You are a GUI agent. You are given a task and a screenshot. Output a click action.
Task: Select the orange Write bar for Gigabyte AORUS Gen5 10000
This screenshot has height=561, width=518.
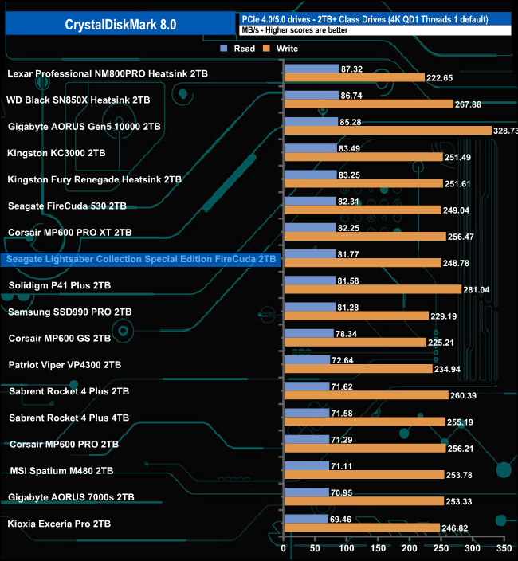pos(387,131)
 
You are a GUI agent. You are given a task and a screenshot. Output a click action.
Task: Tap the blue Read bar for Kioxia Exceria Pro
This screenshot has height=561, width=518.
pos(306,519)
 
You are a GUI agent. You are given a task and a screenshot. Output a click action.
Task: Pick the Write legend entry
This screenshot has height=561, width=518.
pos(282,48)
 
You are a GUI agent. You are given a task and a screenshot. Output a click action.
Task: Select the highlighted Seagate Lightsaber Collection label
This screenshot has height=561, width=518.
pos(142,259)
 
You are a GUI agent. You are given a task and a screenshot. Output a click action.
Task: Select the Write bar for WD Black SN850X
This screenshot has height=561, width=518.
pos(368,104)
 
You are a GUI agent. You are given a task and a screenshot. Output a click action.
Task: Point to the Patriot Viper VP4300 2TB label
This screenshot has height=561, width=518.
pos(65,365)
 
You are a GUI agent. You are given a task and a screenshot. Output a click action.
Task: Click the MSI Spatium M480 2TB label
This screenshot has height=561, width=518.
pos(61,471)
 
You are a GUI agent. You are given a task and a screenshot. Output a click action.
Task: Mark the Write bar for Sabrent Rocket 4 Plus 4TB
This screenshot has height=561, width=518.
pos(364,422)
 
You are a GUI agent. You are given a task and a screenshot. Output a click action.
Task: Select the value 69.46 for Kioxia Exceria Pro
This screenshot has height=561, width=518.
pos(344,519)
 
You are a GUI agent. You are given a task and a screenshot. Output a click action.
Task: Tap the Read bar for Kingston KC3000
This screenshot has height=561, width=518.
pos(310,147)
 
